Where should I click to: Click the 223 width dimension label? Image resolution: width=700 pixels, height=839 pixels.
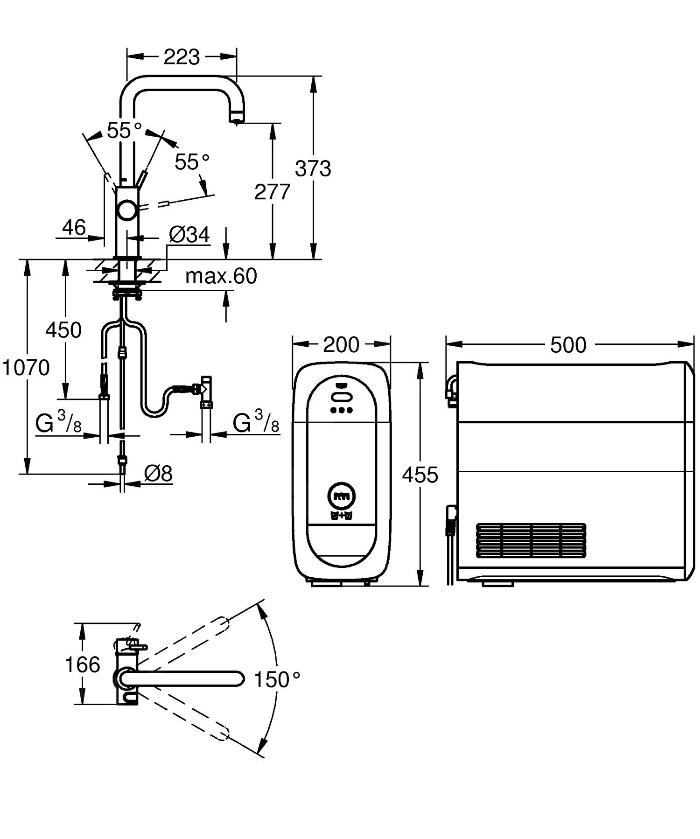coord(182,57)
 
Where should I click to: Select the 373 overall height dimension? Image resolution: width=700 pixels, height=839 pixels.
coord(313,168)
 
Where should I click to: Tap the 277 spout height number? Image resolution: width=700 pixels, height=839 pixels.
coord(272,192)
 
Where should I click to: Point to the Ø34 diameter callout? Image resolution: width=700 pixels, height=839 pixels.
coord(189,235)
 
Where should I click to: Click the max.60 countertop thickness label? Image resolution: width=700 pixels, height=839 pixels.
coord(221,276)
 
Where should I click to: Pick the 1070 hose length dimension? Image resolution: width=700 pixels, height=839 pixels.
coord(26,368)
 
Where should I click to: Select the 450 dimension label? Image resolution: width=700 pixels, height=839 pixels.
coord(63,330)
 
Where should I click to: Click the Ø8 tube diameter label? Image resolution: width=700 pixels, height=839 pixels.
coord(158,474)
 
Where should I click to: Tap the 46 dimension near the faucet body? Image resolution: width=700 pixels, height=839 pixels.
coord(74,228)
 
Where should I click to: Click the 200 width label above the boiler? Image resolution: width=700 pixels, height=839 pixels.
coord(341,345)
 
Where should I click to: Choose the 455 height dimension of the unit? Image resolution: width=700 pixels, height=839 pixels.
coord(420,475)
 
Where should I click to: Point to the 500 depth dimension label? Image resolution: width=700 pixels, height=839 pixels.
coord(568,345)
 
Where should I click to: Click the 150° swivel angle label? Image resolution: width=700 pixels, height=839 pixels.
coord(277,680)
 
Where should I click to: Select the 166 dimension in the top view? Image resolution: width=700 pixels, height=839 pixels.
coord(82,664)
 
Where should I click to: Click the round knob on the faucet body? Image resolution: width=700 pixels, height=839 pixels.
coord(127,210)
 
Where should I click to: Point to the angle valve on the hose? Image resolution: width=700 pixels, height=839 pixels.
coord(206,388)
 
